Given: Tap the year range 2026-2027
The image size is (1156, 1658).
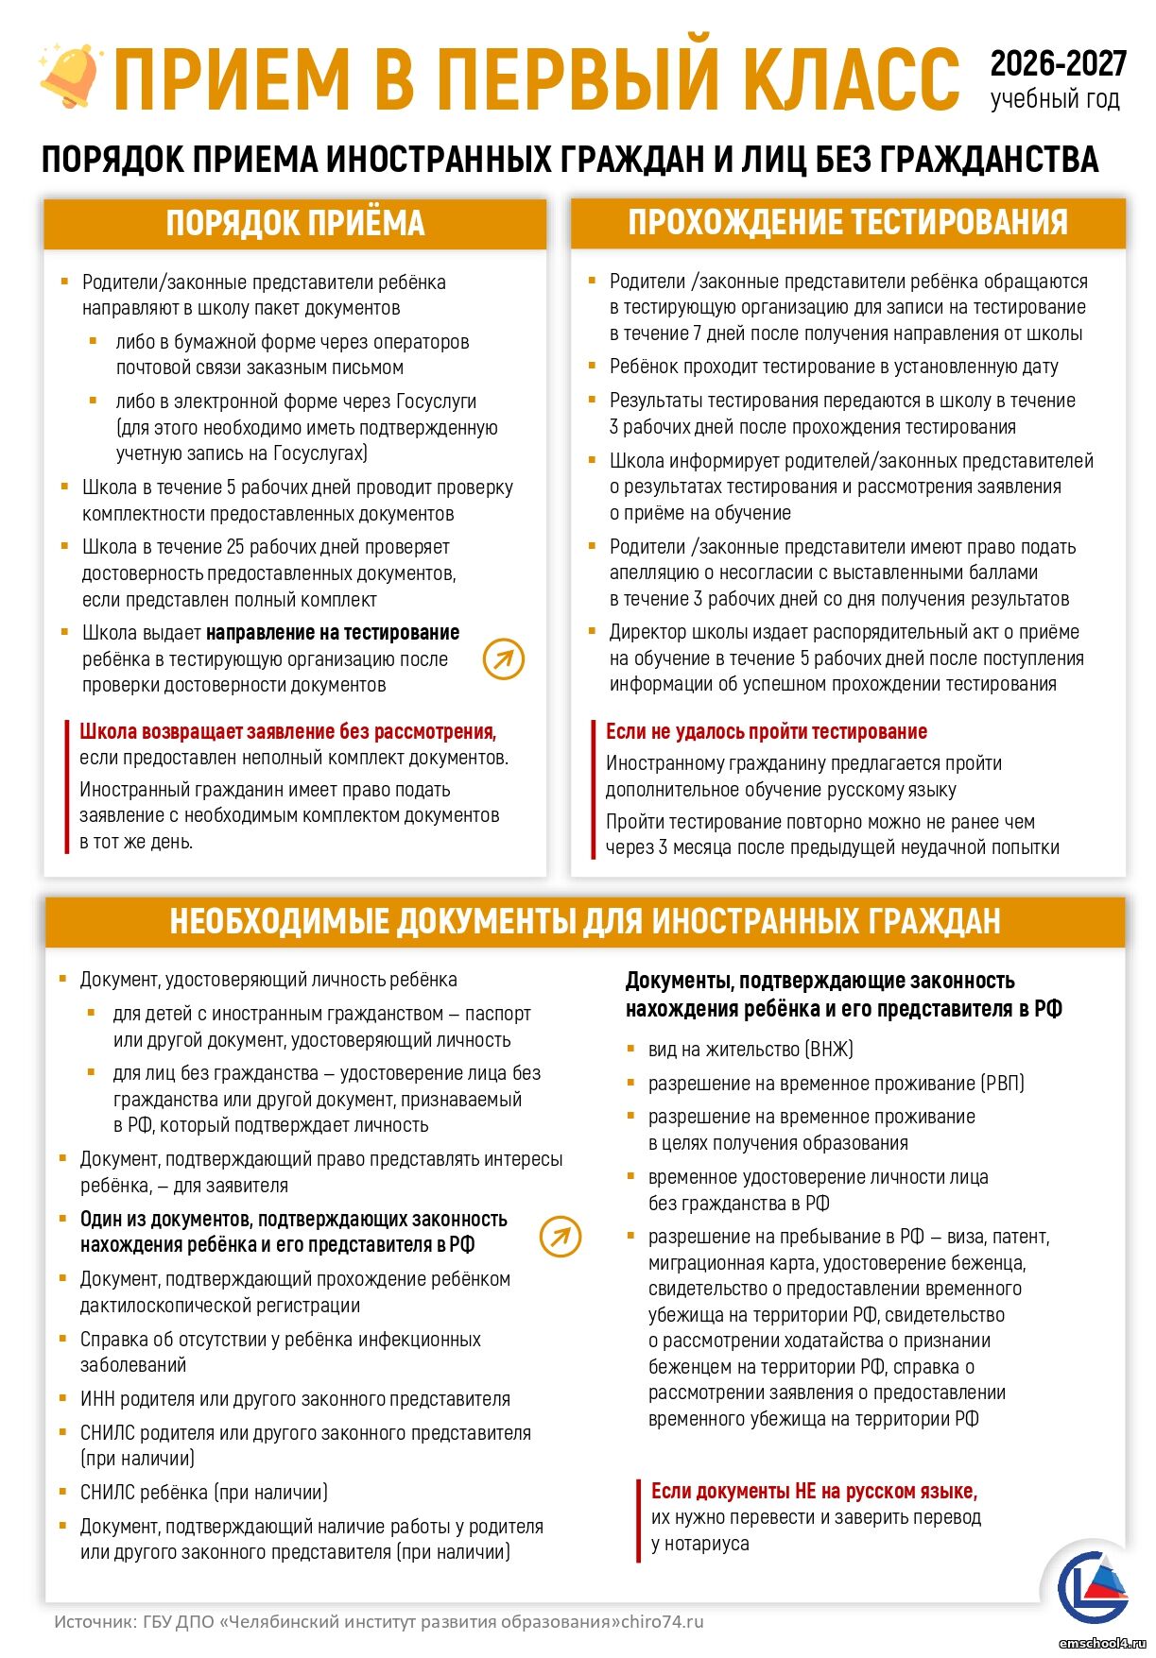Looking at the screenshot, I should tap(1058, 64).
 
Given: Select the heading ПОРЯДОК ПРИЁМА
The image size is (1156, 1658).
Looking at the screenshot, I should tap(295, 224).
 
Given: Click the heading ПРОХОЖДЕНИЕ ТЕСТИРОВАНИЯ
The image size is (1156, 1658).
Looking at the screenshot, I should tap(848, 223).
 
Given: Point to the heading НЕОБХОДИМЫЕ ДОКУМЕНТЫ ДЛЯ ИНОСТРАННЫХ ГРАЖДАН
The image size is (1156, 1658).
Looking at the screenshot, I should tap(584, 921).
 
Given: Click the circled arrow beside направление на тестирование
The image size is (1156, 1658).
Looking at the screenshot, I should tap(504, 659).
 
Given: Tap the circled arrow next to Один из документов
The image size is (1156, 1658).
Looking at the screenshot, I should tap(561, 1236).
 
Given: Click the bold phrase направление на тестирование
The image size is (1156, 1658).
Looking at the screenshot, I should tap(333, 633).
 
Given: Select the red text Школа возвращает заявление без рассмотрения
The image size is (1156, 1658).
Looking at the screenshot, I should tap(287, 731).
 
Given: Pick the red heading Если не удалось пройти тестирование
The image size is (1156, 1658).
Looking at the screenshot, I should tap(766, 731).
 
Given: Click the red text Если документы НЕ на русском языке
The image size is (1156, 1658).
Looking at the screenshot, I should tap(814, 1491).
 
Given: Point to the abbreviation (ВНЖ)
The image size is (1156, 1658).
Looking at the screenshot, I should tap(829, 1050).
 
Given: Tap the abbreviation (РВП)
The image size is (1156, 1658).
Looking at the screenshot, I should tap(1002, 1084).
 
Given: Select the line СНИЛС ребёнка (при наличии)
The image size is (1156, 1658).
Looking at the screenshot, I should tap(203, 1493).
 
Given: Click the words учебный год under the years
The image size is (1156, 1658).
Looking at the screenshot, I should tap(1055, 99).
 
